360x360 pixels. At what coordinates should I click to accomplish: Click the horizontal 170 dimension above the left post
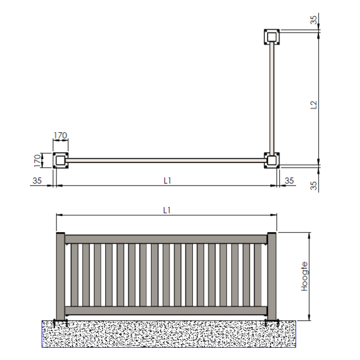coord(60,135)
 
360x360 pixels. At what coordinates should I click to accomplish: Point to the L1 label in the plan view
coord(167,181)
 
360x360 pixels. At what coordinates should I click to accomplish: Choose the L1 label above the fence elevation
coord(167,210)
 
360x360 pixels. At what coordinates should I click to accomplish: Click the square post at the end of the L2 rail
coord(272,37)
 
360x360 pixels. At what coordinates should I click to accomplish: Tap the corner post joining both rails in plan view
coord(272,161)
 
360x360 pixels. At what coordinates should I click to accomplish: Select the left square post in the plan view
coord(60,161)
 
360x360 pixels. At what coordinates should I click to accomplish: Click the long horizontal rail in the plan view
coord(166,161)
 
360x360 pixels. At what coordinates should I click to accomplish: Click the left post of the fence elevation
coord(60,277)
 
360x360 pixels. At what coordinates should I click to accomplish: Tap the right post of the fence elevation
coord(271,277)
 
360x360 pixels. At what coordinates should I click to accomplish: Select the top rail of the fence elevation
coord(166,239)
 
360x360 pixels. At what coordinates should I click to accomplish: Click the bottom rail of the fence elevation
coord(166,311)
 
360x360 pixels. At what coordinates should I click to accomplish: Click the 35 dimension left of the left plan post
coord(38,181)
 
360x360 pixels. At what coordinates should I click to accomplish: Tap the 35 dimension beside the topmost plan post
coord(314,20)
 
